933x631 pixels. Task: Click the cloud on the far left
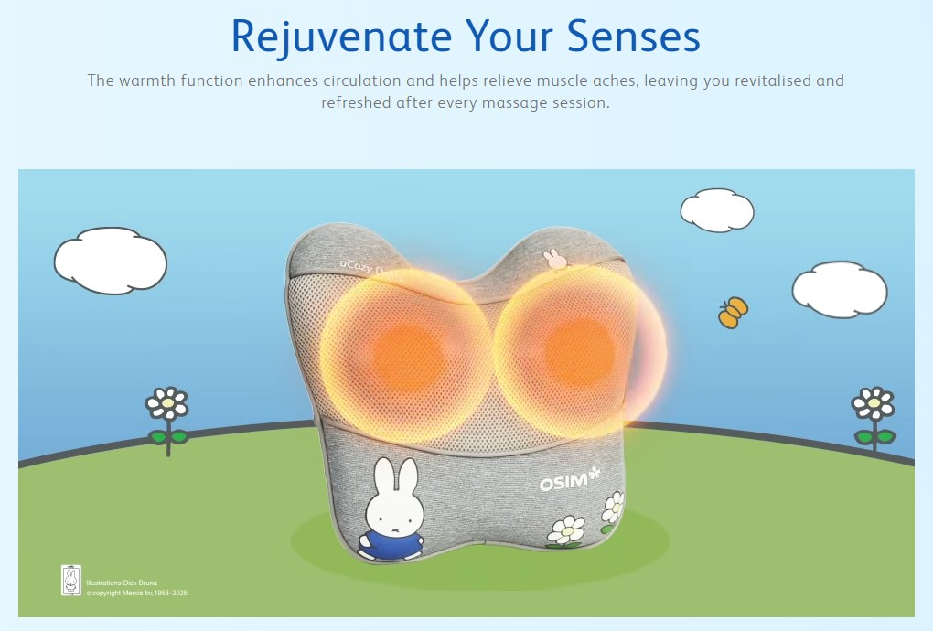click(x=110, y=261)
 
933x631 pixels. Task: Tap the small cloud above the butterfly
click(x=717, y=210)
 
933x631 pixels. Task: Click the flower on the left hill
click(x=167, y=405)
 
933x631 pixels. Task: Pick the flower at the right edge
click(x=874, y=405)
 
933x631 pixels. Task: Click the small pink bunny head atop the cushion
click(x=554, y=258)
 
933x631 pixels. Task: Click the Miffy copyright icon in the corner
click(x=71, y=581)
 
